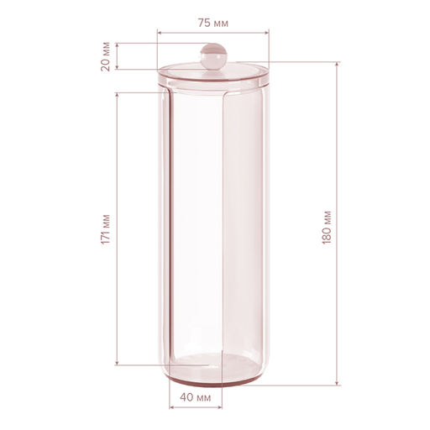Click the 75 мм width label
[x=213, y=23]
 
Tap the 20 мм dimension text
[x=106, y=56]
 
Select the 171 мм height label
[x=106, y=229]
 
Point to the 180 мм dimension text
[x=327, y=227]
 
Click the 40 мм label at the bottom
[x=196, y=397]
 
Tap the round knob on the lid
[x=213, y=56]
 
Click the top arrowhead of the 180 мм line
[x=338, y=64]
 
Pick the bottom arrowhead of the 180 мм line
[x=338, y=383]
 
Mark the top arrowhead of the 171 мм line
[x=117, y=95]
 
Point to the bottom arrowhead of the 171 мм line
[x=117, y=363]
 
